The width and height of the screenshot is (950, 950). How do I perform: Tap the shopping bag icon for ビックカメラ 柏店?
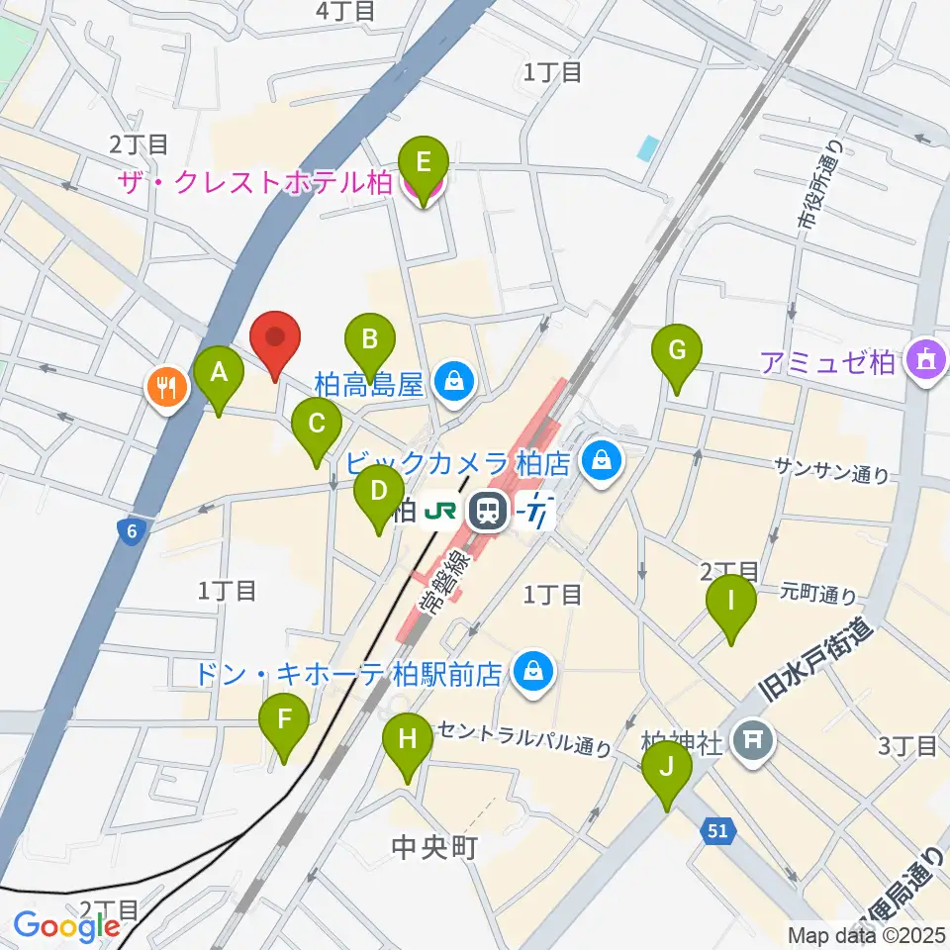pos(600,460)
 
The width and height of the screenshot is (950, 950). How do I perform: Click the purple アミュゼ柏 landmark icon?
pos(925,359)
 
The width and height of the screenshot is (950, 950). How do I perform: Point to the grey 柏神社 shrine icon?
pos(754,737)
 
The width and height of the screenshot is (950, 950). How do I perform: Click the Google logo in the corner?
pos(66,926)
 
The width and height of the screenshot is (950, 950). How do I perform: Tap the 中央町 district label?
pos(436,847)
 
